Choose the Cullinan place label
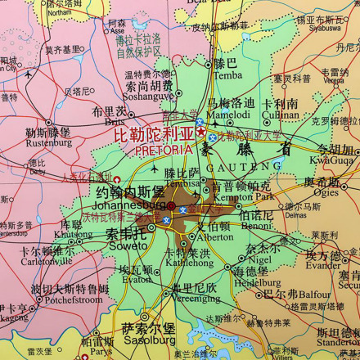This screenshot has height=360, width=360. [281, 115]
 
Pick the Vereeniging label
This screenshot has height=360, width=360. [195, 299]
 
